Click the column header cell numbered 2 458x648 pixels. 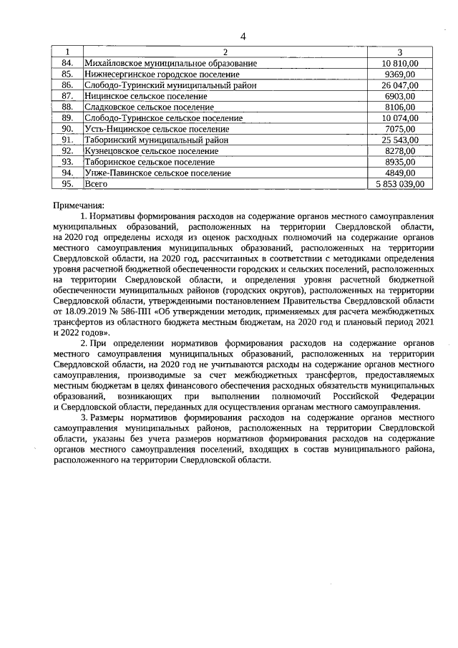tap(225, 52)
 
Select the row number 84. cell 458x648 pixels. tap(68, 63)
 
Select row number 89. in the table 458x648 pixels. tap(68, 117)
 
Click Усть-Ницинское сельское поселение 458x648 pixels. tap(152, 128)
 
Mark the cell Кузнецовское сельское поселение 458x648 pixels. tap(151, 150)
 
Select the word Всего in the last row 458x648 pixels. tap(96, 184)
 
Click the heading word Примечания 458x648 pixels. tap(79, 205)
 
